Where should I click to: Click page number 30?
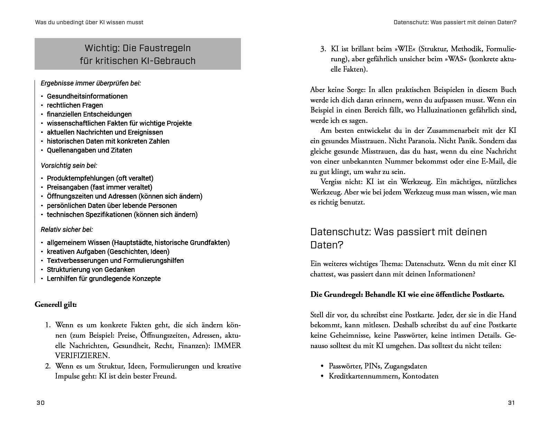pos(40,403)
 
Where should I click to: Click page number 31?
pos(512,403)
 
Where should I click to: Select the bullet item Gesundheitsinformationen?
pos(87,96)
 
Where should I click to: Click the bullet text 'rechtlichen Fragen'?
pos(75,105)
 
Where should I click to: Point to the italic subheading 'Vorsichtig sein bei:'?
pos(69,165)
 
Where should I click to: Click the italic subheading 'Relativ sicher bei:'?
pos(67,230)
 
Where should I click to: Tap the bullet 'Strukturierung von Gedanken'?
pos(91,270)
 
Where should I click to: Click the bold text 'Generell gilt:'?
pos(56,304)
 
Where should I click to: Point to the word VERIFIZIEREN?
pos(82,356)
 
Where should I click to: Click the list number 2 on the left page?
pos(48,366)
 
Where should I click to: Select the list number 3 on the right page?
pos(323,49)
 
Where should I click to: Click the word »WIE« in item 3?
pos(395,49)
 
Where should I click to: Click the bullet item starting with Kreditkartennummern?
pos(383,376)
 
